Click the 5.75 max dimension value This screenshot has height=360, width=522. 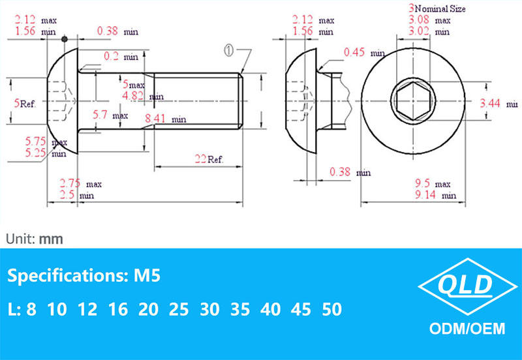(42, 141)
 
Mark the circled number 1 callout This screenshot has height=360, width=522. (230, 50)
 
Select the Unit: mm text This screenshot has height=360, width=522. (35, 239)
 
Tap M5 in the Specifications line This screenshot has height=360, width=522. (147, 276)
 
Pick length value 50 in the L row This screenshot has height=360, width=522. (331, 308)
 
